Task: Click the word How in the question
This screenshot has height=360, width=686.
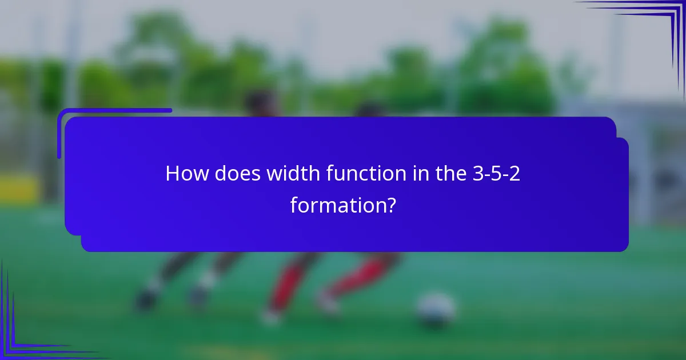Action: click(187, 174)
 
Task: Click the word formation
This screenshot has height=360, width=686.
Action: click(336, 205)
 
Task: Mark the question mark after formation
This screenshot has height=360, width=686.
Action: click(390, 205)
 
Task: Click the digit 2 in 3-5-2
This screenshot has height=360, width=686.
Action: click(514, 174)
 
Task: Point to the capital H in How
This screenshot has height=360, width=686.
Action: click(172, 174)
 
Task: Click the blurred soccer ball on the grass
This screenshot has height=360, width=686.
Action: click(436, 310)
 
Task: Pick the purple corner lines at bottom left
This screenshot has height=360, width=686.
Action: click(23, 337)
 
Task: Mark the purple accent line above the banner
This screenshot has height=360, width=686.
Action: click(114, 111)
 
